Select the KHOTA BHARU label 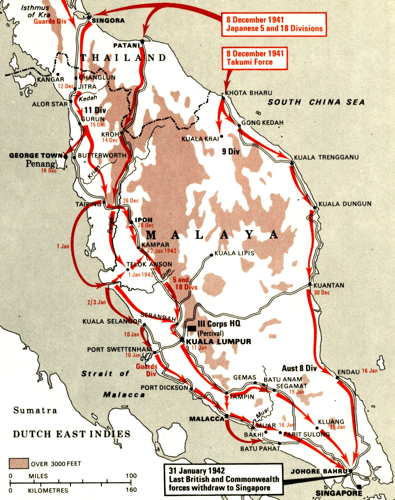pos(249,93)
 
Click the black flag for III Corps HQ pos(192,328)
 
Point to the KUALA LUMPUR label pos(219,341)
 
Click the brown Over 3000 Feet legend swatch pos(19,463)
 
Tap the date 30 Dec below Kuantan pos(322,292)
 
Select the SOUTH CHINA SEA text pos(316,102)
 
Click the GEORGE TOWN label pos(36,155)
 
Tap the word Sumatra pos(35,410)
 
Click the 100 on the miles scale pos(131,476)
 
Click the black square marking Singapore pos(359,487)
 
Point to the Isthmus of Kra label pos(36,11)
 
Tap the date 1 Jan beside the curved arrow pos(63,246)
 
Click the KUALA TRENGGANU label pos(326,157)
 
